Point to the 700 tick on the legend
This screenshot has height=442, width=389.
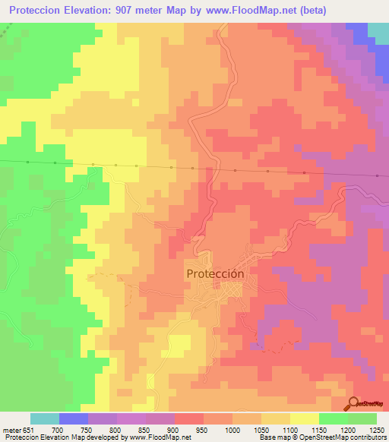[x=59, y=430]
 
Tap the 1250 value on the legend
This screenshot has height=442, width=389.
[x=376, y=430]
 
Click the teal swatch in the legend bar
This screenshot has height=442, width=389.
[x=44, y=418]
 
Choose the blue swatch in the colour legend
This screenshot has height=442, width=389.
[x=73, y=418]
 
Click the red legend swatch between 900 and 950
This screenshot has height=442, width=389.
[x=188, y=418]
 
